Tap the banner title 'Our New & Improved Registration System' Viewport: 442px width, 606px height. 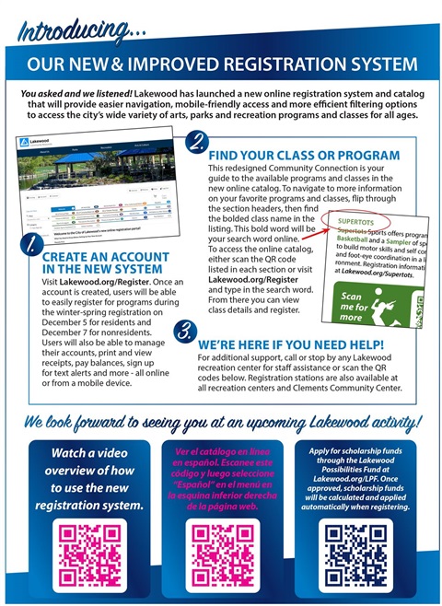point(221,66)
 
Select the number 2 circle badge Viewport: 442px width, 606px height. point(196,142)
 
